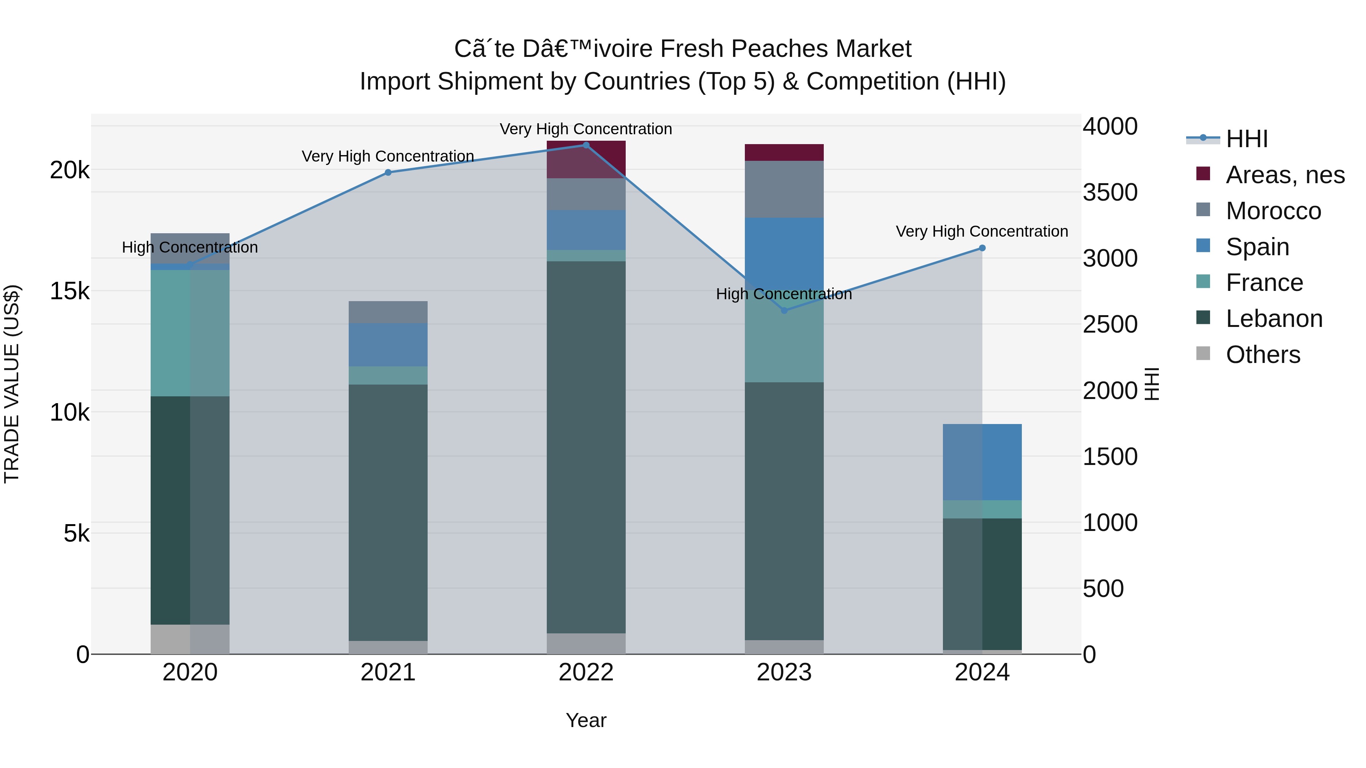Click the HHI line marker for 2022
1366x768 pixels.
(586, 145)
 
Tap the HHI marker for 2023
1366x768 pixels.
(784, 311)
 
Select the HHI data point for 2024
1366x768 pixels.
(982, 248)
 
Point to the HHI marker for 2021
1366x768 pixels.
(388, 172)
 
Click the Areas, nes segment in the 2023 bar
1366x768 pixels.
(784, 152)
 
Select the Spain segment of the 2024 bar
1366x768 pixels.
(982, 462)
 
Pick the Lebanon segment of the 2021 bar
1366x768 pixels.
(388, 512)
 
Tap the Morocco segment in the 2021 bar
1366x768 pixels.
(388, 312)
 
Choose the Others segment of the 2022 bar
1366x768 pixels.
(586, 644)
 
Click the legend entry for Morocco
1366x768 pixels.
(1273, 211)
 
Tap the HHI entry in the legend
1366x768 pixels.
(1246, 139)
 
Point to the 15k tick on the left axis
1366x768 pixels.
(69, 291)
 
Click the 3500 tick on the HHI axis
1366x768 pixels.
(1110, 192)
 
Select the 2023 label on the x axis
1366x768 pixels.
(784, 672)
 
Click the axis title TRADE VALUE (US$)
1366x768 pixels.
(12, 384)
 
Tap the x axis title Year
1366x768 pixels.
(586, 720)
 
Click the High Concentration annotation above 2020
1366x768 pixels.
(190, 248)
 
